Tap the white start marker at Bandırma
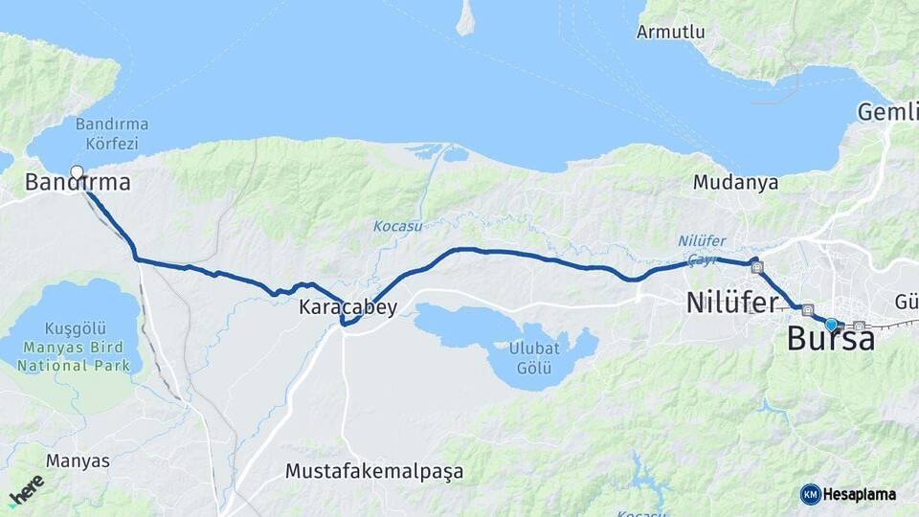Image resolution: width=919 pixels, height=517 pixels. pyautogui.click(x=78, y=173)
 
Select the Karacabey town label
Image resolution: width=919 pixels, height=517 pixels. pyautogui.click(x=347, y=307)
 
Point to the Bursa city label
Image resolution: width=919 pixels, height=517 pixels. pyautogui.click(x=831, y=339)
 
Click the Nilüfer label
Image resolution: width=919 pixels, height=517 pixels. pyautogui.click(x=731, y=303)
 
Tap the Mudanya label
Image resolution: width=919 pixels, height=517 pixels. pyautogui.click(x=735, y=182)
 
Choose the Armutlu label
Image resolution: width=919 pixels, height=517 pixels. pyautogui.click(x=670, y=32)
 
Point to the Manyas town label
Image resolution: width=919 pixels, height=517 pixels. pyautogui.click(x=78, y=461)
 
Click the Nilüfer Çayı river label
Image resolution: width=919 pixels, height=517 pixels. pyautogui.click(x=702, y=248)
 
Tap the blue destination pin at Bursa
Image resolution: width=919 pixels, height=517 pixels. pyautogui.click(x=831, y=326)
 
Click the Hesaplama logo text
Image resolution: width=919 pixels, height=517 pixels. pyautogui.click(x=860, y=494)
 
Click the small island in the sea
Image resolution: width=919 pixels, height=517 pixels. pyautogui.click(x=465, y=17)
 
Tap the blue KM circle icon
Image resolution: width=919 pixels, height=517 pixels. pyautogui.click(x=810, y=494)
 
